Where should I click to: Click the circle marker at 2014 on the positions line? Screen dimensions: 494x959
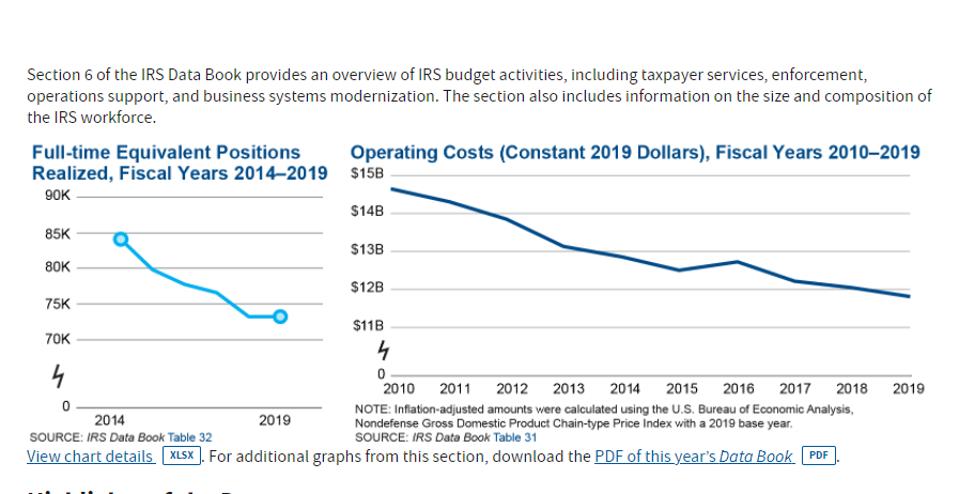pos(121,239)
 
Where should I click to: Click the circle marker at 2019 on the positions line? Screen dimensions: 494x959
pos(280,317)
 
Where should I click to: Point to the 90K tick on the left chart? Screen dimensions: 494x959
pos(57,195)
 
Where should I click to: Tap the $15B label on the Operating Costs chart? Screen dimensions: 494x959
pos(367,174)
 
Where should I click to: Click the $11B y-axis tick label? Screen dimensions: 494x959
pos(367,326)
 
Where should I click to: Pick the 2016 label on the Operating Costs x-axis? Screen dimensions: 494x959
pos(738,389)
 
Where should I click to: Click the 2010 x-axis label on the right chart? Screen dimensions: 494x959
pos(400,389)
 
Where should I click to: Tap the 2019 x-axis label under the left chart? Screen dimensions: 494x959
pos(275,421)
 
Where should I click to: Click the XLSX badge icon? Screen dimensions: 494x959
pos(181,456)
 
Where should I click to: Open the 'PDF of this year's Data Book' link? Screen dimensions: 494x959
pos(694,456)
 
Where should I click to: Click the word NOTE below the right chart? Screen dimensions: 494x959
pos(372,410)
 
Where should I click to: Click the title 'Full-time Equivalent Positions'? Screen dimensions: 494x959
pos(166,153)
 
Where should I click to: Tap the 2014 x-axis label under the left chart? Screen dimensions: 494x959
pos(110,421)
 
